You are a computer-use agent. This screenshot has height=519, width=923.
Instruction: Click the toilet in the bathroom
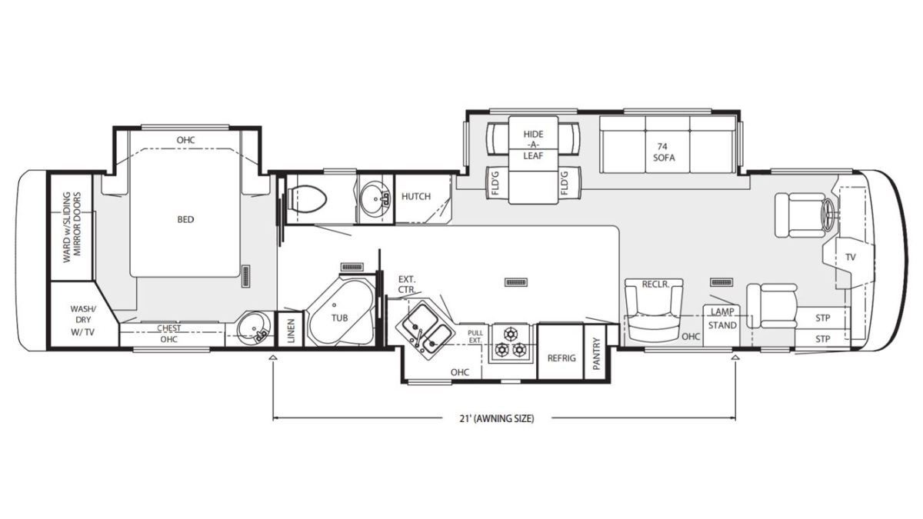click(307, 200)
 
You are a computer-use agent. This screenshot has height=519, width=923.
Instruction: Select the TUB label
click(339, 318)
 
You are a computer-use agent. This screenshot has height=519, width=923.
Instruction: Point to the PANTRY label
click(597, 354)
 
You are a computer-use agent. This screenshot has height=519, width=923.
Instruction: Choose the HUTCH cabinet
click(423, 199)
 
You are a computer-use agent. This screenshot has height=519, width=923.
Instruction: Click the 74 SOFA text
click(663, 152)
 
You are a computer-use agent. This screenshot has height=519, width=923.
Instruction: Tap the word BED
click(185, 220)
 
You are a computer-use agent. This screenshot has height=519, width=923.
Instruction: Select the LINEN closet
click(290, 330)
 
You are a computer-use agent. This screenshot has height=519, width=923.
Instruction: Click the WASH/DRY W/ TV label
click(83, 320)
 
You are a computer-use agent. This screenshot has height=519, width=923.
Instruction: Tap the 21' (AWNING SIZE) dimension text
click(497, 418)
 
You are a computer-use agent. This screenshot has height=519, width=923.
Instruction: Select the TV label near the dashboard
click(851, 257)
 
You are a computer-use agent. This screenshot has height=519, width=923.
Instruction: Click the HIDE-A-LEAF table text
click(533, 145)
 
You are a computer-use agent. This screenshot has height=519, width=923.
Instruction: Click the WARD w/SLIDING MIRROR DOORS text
click(72, 228)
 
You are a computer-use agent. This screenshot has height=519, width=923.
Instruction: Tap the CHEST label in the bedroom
click(169, 328)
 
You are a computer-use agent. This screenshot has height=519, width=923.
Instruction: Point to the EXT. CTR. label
click(407, 284)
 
